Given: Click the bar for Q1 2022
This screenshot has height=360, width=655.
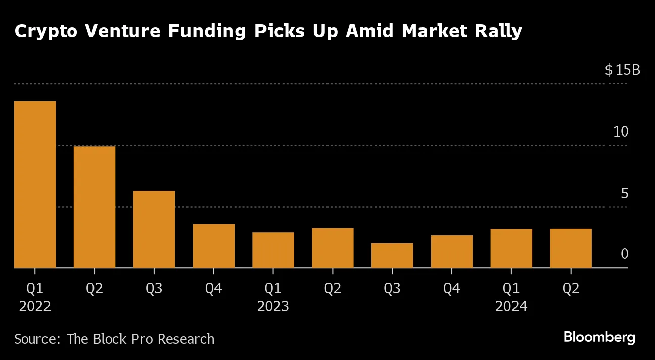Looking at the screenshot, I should point(35,185).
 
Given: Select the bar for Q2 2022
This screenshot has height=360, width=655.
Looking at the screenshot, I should point(95,207).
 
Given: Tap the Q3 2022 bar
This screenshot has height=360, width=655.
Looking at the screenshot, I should point(154,229).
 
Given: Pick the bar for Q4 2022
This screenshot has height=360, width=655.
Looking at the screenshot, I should point(213,246).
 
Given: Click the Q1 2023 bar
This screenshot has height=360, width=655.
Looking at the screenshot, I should point(273,250).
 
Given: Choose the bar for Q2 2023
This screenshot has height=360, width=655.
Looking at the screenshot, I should point(333,248).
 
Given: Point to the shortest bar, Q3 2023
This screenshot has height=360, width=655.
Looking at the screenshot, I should point(392,255).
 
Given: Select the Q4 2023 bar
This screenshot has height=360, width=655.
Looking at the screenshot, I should point(452,251).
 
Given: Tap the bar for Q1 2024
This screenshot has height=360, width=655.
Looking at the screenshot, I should point(511,248).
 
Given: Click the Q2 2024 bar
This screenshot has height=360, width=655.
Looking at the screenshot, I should point(571,248).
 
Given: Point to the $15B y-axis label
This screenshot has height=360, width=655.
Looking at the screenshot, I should point(622,70).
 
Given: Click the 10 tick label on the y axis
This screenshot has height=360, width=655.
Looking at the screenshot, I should point(620,132).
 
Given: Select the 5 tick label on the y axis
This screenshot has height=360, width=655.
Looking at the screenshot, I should point(624,193).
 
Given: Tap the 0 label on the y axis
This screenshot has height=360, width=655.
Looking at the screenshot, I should point(624,254).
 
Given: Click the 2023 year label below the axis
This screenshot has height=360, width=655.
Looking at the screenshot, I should point(273,306).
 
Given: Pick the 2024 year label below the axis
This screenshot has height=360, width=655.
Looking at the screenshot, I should point(511,306).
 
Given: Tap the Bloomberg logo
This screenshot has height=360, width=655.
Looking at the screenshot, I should point(599,337).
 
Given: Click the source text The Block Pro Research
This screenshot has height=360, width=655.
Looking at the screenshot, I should point(141,338).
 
